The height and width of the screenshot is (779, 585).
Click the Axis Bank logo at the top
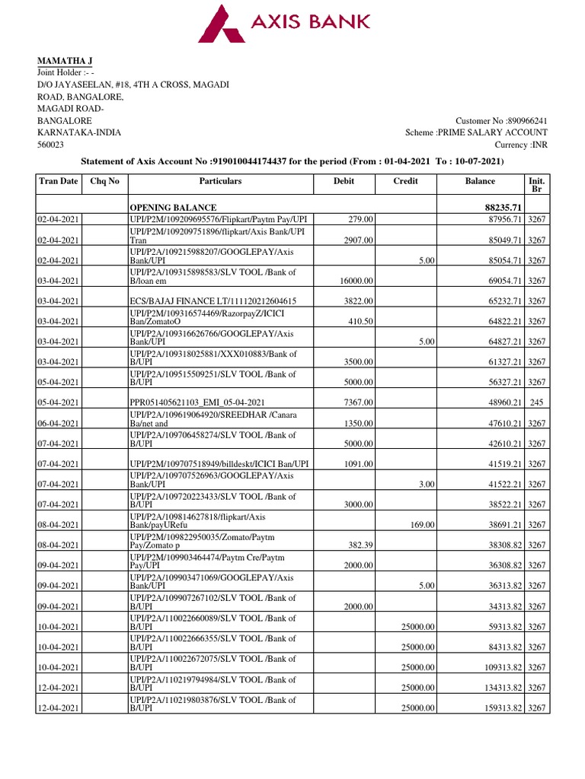(x=283, y=23)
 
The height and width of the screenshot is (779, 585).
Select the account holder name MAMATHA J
(x=66, y=61)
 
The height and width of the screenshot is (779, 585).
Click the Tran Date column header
(x=59, y=181)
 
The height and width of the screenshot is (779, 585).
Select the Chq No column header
(x=105, y=181)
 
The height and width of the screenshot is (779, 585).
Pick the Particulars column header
(x=220, y=181)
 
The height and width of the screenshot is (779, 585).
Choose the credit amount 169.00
(x=422, y=525)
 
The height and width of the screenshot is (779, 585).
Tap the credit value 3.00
(x=427, y=484)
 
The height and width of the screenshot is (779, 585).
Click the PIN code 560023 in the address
(x=51, y=144)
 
